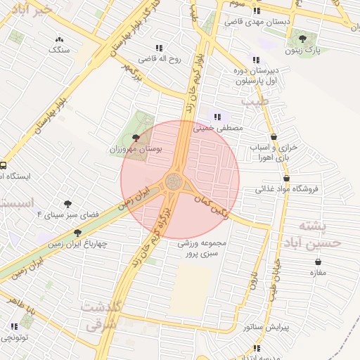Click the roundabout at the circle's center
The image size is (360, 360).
tap(173, 183)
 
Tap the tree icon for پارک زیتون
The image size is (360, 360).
tap(303, 39)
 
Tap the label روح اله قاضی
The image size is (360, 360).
tap(159, 59)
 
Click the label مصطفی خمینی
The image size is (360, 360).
tap(221, 129)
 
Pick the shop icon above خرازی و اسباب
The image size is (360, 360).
tap(274, 136)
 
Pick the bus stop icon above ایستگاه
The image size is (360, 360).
tap(3, 166)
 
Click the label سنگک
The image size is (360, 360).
tap(59, 50)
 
